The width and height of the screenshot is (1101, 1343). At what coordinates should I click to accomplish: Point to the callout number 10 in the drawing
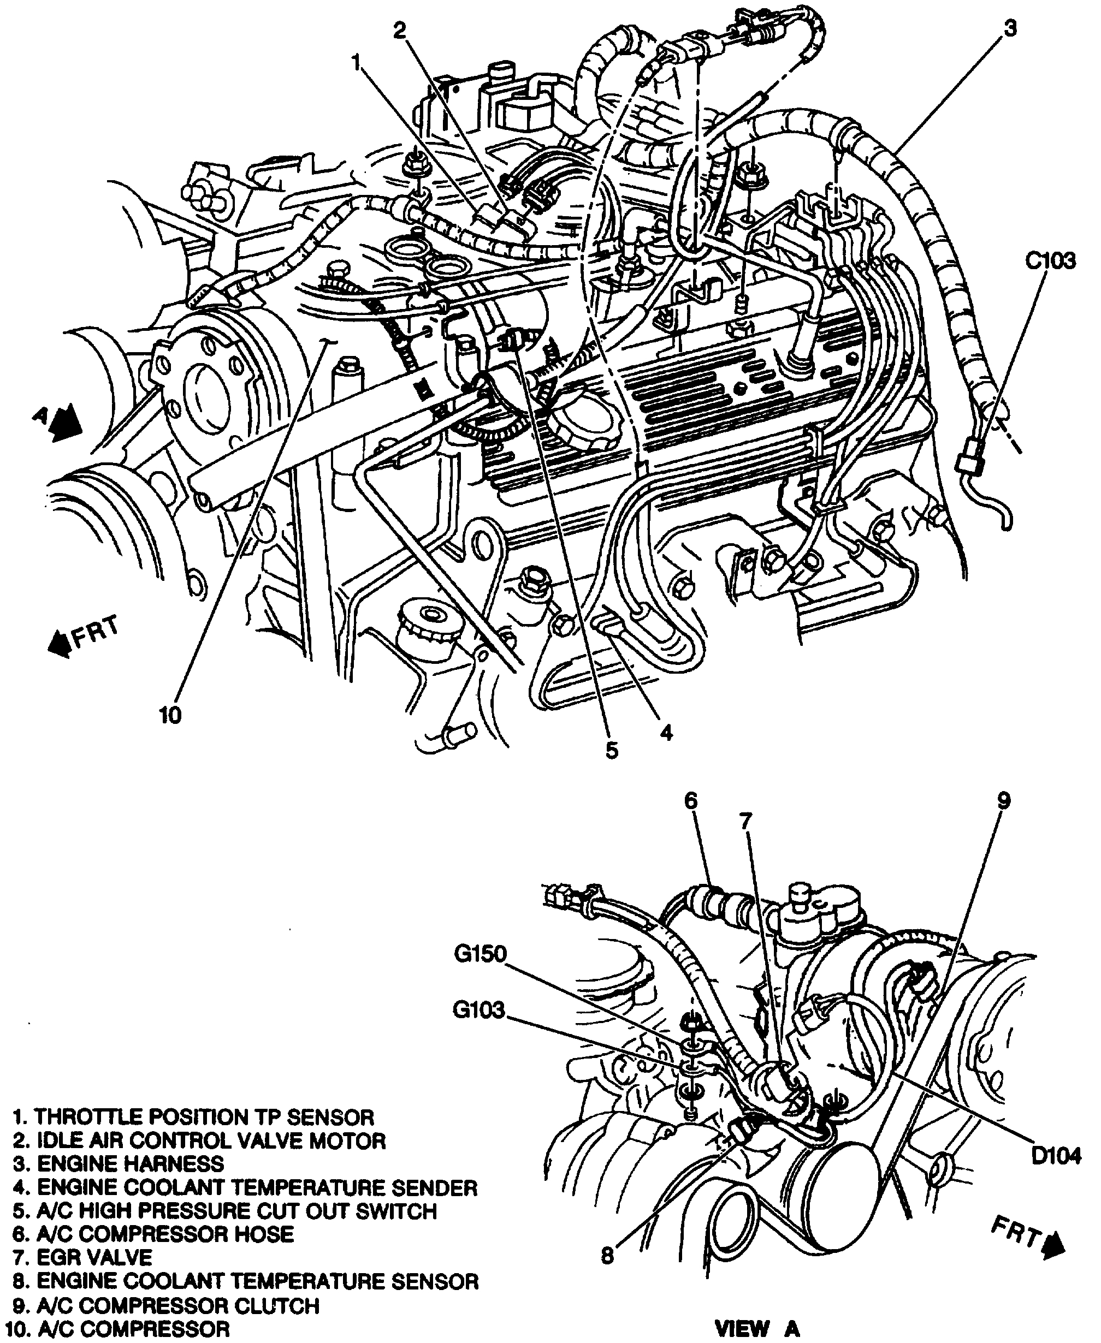170,716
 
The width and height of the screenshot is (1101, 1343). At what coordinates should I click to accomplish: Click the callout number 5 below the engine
611,751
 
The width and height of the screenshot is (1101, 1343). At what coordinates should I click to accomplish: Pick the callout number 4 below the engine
666,733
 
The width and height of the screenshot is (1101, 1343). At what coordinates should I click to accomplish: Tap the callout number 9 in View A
1003,801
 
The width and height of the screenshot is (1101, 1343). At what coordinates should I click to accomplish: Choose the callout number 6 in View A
691,801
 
